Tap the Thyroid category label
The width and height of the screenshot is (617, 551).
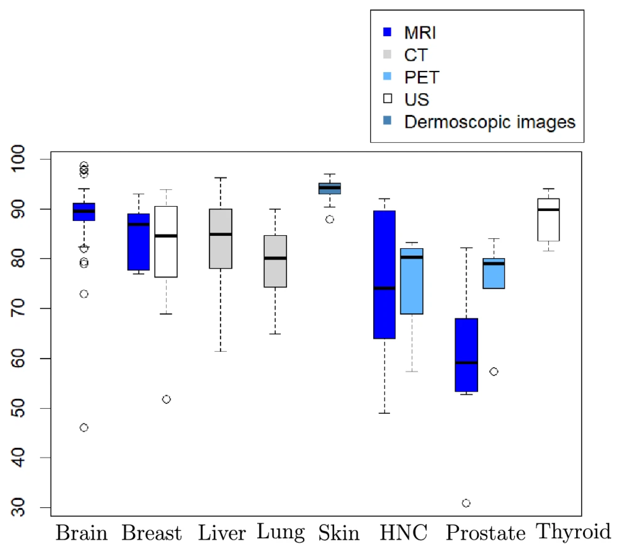[x=573, y=532]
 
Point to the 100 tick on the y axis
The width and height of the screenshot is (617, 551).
[x=18, y=159]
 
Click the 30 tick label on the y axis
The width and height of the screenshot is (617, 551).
[x=18, y=507]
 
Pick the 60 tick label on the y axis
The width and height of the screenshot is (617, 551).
[x=18, y=358]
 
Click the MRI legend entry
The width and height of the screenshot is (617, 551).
[x=420, y=33]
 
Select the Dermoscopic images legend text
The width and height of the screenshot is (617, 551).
[x=489, y=122]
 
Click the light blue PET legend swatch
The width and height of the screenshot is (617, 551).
[x=387, y=76]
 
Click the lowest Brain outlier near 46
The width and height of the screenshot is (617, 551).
[x=84, y=428]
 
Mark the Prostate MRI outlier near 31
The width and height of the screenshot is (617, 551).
[x=466, y=503]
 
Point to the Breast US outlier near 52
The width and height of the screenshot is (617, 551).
[x=166, y=399]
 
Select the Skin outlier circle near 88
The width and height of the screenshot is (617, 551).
[x=330, y=219]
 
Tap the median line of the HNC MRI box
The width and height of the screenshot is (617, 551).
[x=384, y=288]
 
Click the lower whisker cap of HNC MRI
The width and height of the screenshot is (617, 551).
[x=384, y=413]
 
